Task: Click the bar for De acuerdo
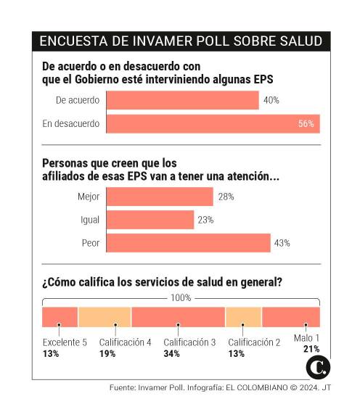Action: pos(182,100)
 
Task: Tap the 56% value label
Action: pos(306,124)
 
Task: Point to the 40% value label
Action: pos(271,100)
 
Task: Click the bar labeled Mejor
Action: pos(160,197)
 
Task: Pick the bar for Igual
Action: pos(150,220)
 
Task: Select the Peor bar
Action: pos(188,243)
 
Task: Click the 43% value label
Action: pos(282,243)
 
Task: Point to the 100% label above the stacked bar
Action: pos(181,297)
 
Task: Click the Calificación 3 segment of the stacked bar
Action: pos(178,317)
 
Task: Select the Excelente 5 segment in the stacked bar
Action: pos(60,317)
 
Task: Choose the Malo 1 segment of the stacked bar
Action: pos(290,317)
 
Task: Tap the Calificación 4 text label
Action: pos(124,342)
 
